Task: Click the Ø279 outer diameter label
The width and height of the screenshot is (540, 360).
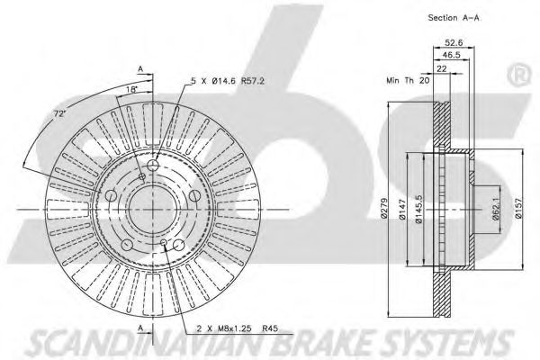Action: point(383,209)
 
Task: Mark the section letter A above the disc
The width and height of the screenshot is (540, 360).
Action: point(139,67)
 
